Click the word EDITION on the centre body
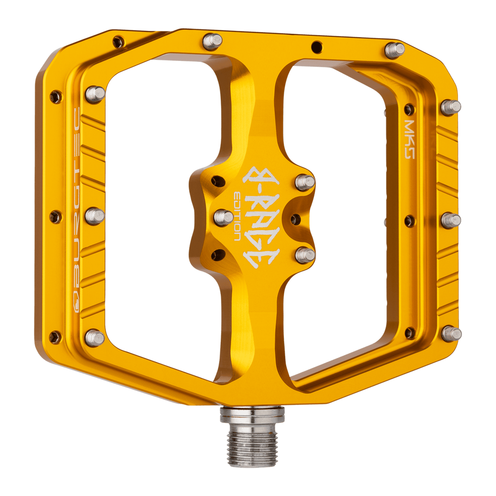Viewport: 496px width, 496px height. point(238,216)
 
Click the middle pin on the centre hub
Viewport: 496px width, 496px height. point(223,217)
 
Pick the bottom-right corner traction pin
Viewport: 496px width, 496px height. point(451,333)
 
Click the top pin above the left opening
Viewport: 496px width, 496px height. point(213,40)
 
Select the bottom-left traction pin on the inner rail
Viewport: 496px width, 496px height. point(94,337)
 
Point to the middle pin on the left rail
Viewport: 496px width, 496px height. point(94,216)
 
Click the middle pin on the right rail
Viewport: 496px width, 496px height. point(450,220)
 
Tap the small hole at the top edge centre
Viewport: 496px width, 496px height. point(316,47)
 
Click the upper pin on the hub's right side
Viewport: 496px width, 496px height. point(305,182)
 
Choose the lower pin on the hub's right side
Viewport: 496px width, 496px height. point(305,255)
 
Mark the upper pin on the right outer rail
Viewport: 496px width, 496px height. point(450,107)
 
